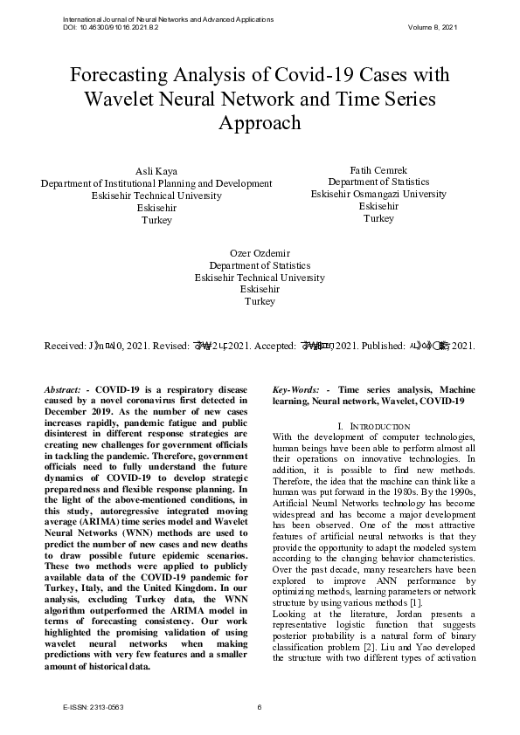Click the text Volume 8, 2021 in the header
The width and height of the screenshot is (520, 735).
tap(432, 27)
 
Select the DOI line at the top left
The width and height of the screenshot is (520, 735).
tap(111, 27)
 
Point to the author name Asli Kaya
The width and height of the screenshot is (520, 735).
tap(156, 171)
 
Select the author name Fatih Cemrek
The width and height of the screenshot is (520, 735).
tap(378, 169)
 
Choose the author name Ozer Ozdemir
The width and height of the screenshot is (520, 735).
tap(260, 252)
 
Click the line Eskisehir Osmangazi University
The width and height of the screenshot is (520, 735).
tap(378, 194)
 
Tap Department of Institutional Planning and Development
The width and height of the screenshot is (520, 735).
tap(156, 183)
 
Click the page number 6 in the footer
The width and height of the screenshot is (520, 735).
tap(260, 707)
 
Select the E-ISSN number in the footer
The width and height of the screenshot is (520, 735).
tap(86, 707)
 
